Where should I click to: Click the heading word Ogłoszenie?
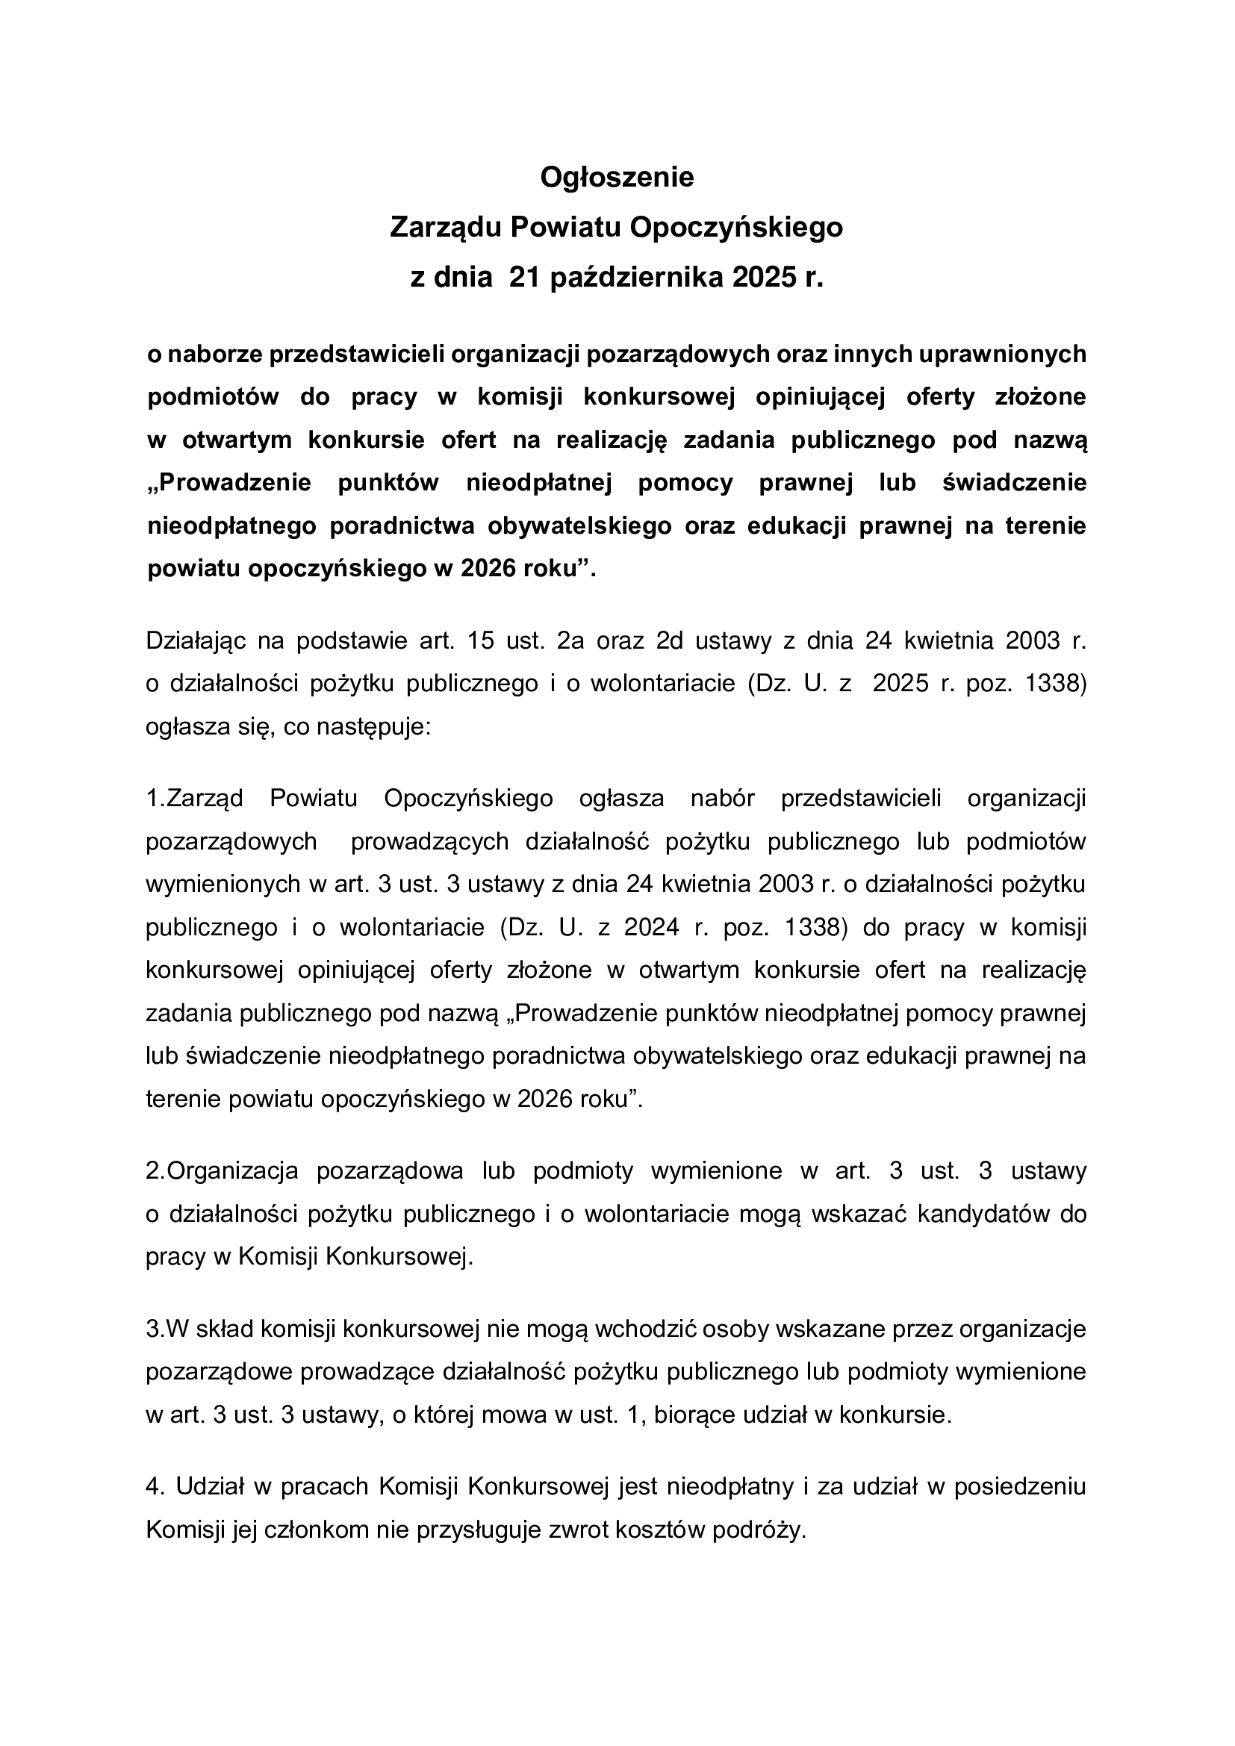617,178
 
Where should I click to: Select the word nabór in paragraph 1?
722,799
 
